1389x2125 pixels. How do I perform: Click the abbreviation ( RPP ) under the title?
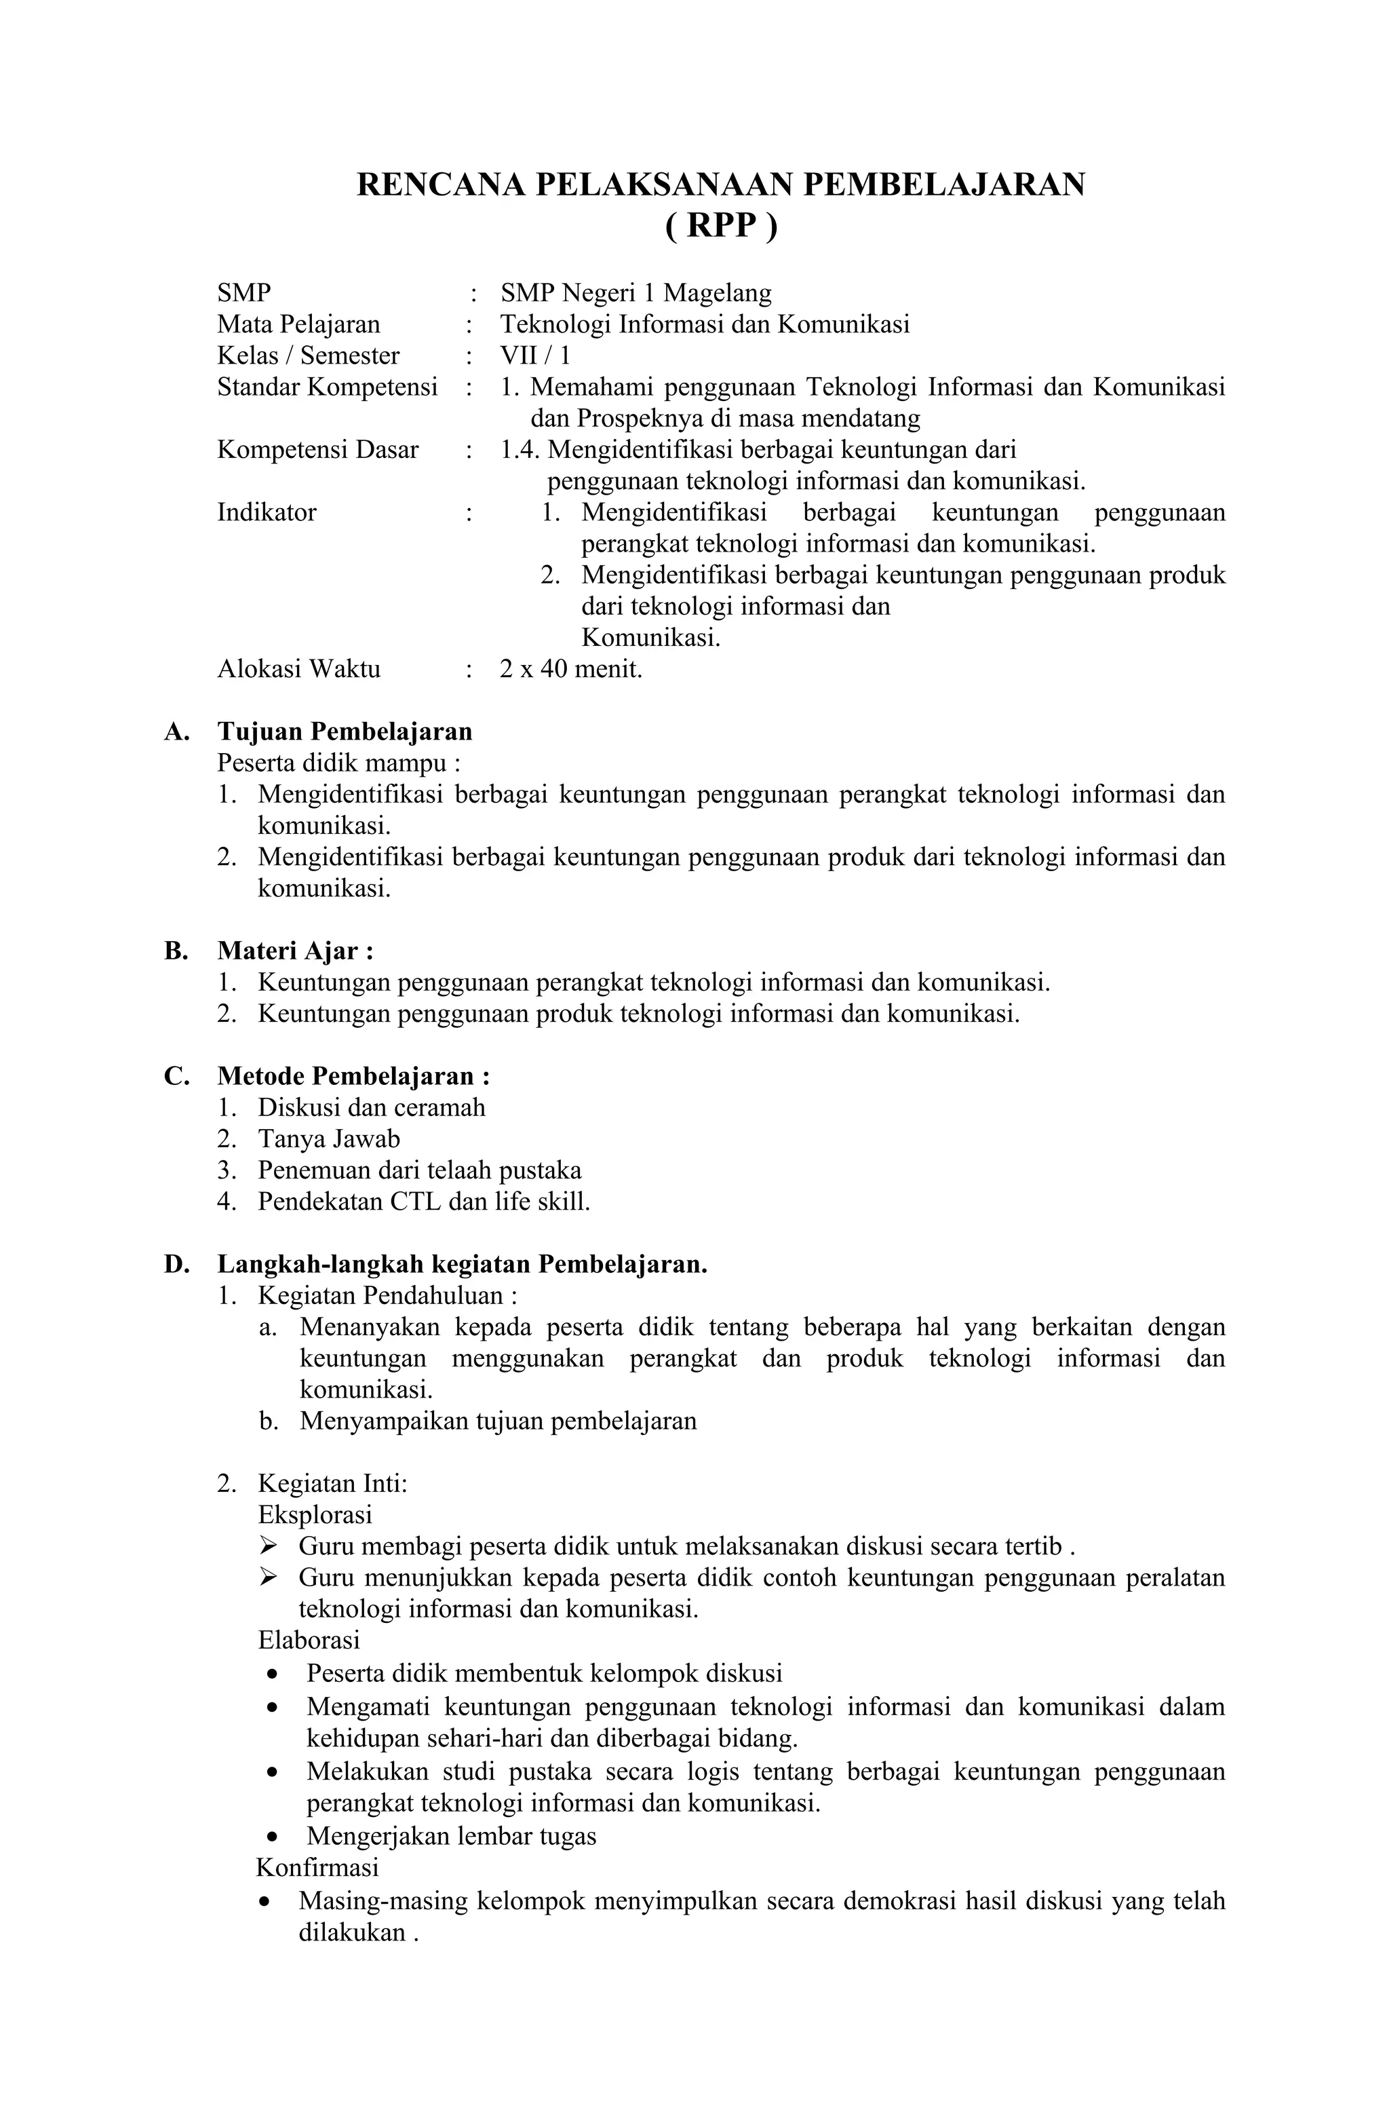720,225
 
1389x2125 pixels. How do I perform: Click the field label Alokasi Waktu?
298,669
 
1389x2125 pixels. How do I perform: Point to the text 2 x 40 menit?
570,669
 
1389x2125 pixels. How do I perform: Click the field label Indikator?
266,512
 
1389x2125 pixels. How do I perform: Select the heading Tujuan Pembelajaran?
345,731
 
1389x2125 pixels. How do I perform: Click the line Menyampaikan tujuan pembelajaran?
497,1421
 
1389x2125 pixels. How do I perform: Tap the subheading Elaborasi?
308,1639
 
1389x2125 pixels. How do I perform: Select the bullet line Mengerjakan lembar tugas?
451,1836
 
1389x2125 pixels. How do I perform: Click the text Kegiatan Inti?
332,1483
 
